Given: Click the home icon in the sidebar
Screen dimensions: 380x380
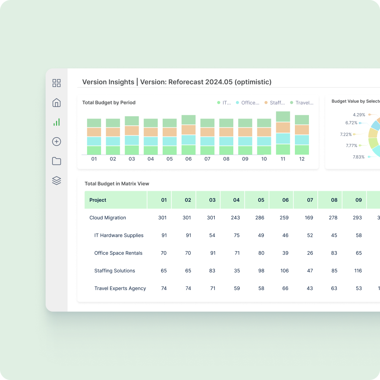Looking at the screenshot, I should tap(57, 103).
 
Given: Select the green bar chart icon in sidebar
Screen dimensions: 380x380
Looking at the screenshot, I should tap(57, 122).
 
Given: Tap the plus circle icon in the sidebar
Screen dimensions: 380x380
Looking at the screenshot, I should tap(57, 142).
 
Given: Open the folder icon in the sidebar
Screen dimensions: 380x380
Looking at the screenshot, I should tap(57, 161).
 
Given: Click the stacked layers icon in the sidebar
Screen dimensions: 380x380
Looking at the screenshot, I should tap(57, 180).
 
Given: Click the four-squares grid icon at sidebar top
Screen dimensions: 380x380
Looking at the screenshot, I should tap(57, 83).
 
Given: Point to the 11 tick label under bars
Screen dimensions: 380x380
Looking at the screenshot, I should tap(283, 159).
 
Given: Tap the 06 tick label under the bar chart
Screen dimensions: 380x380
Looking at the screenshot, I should tap(188, 159).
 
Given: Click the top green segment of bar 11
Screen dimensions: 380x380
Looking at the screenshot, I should tap(283, 117).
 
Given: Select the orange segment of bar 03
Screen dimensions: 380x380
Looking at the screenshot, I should tap(132, 130).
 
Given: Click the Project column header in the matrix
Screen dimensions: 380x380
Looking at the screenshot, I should tap(98, 200).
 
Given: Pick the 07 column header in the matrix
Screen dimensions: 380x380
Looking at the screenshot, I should tap(310, 200).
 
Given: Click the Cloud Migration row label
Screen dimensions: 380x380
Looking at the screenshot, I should tap(108, 218).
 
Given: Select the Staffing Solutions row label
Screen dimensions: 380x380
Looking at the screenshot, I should tap(114, 271).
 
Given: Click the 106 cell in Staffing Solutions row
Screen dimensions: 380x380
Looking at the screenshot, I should tap(285, 271).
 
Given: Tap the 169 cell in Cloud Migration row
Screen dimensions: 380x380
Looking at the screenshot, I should tap(309, 218).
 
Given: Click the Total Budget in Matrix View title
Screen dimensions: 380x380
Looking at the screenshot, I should tap(117, 184).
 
